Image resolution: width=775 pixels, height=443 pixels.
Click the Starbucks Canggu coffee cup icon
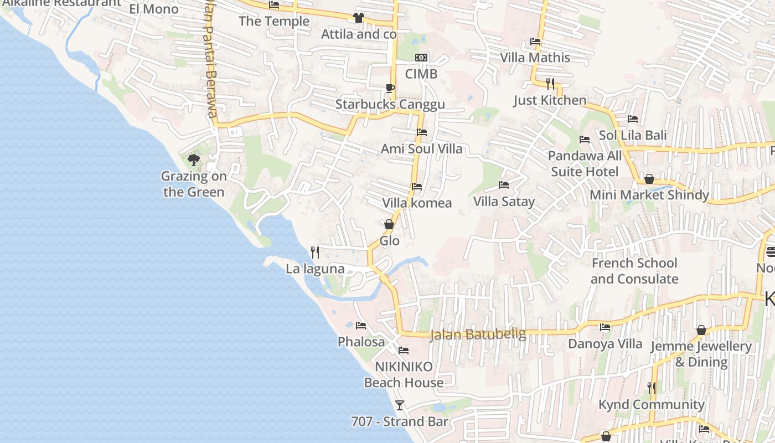tap(390, 88)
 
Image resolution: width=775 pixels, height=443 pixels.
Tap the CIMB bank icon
tap(421, 58)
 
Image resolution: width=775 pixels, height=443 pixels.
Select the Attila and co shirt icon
tap(358, 18)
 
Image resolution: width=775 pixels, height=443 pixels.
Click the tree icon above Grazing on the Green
tap(193, 160)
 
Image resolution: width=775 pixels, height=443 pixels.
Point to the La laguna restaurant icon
tap(315, 253)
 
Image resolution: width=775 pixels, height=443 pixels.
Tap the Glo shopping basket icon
tap(389, 224)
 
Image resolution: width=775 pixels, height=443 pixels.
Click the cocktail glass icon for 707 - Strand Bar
tap(399, 405)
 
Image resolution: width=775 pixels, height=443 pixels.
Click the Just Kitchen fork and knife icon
tap(550, 84)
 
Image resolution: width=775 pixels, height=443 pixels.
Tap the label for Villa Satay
tap(504, 201)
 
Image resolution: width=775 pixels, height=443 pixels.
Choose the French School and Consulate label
tap(634, 271)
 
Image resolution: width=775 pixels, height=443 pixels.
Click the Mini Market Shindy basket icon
tap(649, 179)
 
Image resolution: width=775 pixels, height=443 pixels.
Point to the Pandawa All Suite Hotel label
tap(585, 163)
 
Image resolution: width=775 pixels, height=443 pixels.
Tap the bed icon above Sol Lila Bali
tap(632, 119)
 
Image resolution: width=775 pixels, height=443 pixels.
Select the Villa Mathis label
tap(535, 58)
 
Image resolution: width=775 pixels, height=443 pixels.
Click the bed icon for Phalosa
tap(361, 326)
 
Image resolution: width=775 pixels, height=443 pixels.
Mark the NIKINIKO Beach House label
tap(404, 374)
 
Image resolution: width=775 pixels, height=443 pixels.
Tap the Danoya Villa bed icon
tap(604, 327)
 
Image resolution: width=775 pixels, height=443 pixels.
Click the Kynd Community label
tap(651, 404)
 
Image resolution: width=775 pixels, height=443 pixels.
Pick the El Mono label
tap(154, 9)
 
